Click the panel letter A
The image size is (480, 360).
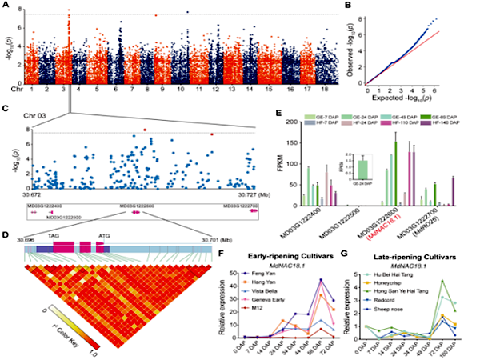point(6,6)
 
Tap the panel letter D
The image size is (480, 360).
point(6,234)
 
